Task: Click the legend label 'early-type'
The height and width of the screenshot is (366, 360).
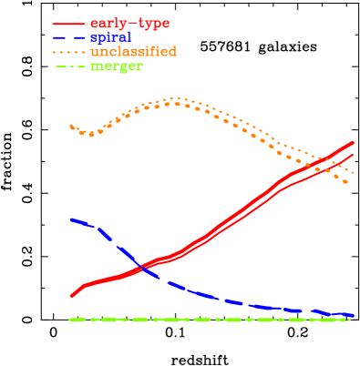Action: coord(129,22)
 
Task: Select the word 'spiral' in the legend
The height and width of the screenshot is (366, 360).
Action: coord(111,37)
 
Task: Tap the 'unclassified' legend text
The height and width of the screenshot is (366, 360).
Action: coord(133,52)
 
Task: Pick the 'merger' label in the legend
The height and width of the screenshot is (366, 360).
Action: coord(117,66)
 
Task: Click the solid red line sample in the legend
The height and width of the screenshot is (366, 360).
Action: coord(68,23)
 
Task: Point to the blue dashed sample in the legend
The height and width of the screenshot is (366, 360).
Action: coord(68,37)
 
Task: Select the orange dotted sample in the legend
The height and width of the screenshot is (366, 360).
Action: coord(68,52)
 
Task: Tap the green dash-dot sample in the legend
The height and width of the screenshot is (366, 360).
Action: coord(68,66)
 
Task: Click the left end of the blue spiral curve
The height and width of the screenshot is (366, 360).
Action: coord(71,219)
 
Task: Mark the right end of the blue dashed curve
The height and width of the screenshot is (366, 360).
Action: coord(354,316)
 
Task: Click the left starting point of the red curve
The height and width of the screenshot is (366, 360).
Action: coord(71,296)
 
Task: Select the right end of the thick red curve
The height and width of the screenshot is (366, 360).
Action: coord(354,143)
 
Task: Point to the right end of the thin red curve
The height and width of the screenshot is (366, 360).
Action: coord(354,154)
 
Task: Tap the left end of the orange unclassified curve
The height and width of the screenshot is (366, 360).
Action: coord(71,126)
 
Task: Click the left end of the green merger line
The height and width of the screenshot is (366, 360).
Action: coord(71,320)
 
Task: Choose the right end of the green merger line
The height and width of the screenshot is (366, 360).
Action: coord(354,320)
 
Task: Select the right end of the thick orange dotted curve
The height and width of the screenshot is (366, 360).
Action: coord(347,183)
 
